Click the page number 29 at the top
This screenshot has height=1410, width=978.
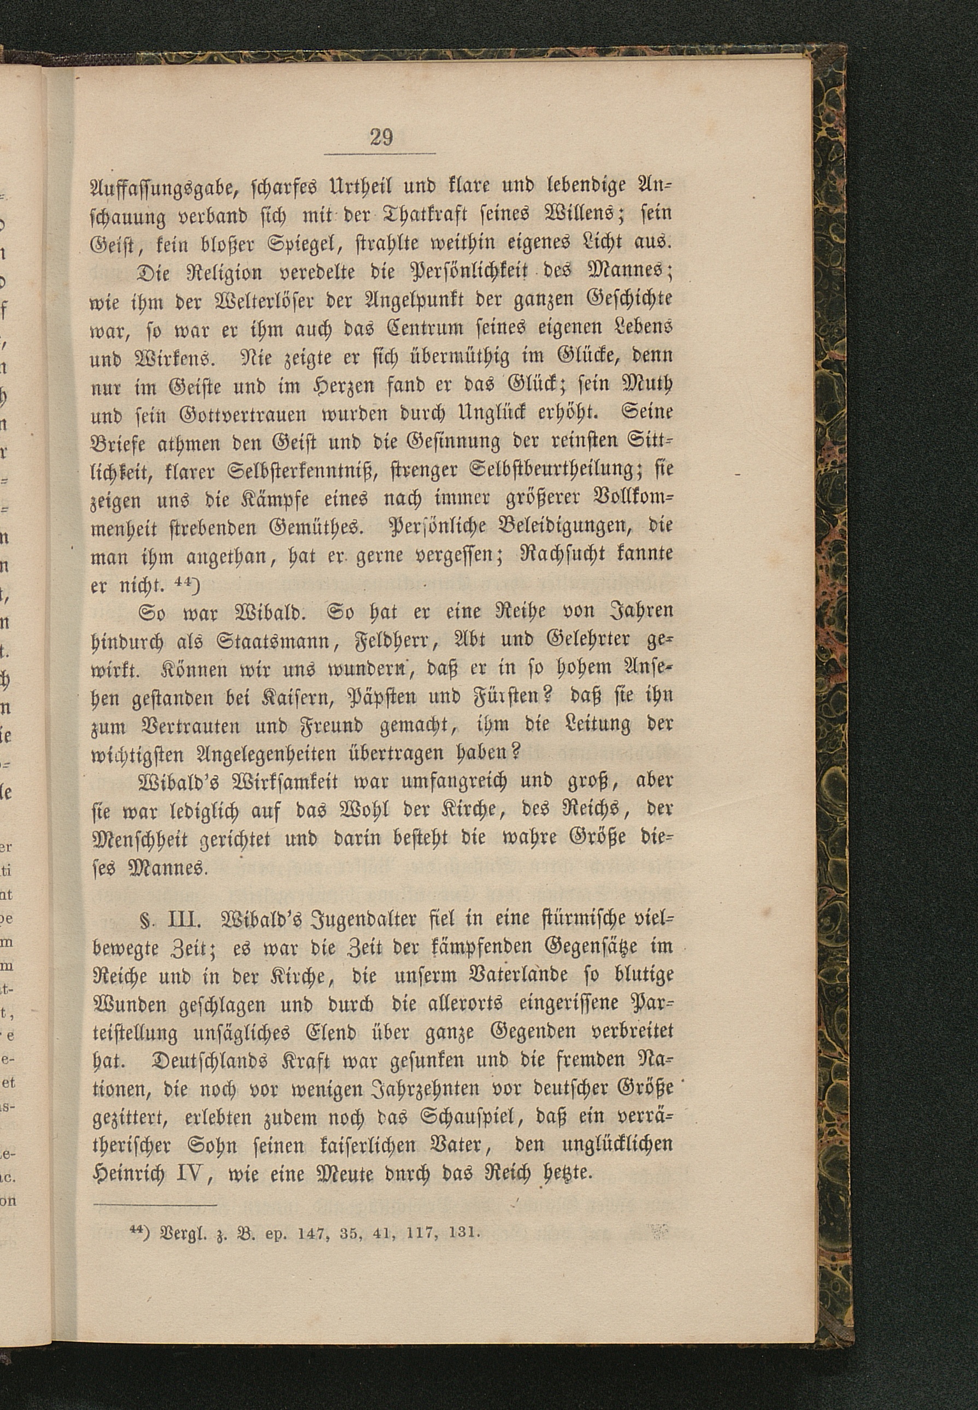coord(381,136)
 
